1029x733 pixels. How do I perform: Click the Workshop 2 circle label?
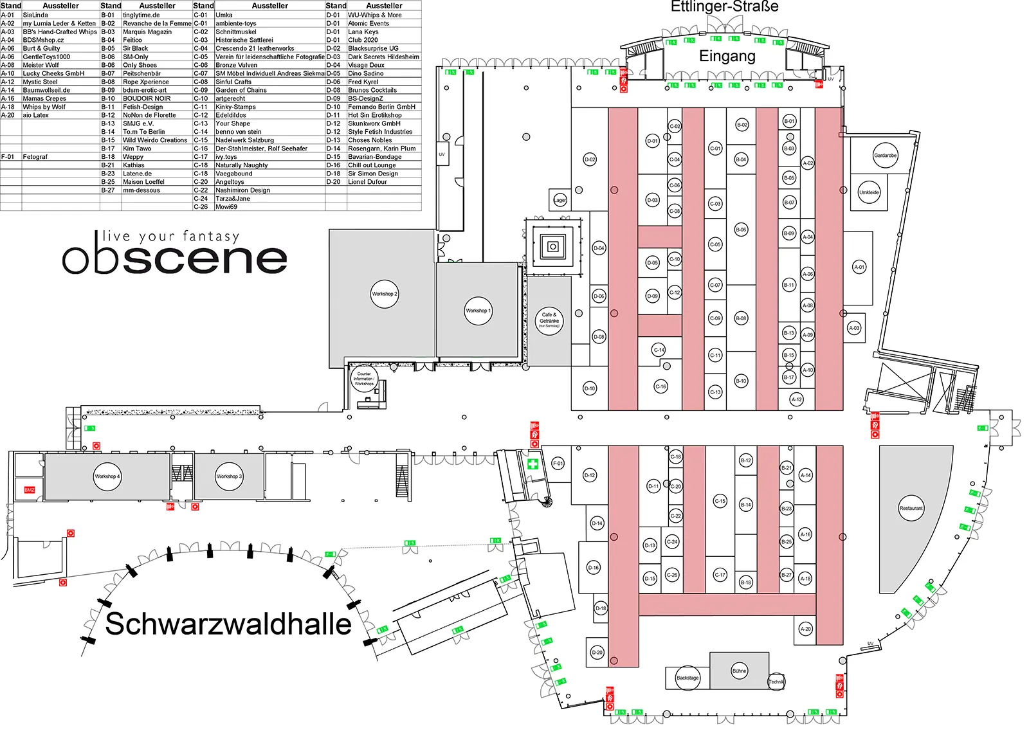385,294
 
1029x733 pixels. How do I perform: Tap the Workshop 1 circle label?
478,311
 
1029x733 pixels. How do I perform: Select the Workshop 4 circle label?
107,476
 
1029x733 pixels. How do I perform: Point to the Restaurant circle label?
911,508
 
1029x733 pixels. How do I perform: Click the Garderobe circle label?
885,156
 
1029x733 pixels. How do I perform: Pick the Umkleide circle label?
869,192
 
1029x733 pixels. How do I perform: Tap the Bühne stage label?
739,671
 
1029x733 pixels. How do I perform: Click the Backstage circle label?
687,678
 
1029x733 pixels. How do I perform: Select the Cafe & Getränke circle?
549,320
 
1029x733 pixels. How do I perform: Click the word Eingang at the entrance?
727,57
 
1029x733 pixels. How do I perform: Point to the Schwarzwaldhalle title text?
228,624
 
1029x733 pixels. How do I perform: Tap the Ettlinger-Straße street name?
724,7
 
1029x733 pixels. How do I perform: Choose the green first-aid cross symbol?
533,464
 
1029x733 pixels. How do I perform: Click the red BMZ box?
30,490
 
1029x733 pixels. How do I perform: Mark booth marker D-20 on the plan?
597,653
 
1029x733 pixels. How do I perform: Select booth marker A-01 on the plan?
859,267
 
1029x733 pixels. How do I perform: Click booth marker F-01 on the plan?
558,463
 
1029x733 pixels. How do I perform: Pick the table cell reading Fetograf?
35,157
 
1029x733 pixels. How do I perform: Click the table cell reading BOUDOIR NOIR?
147,98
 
